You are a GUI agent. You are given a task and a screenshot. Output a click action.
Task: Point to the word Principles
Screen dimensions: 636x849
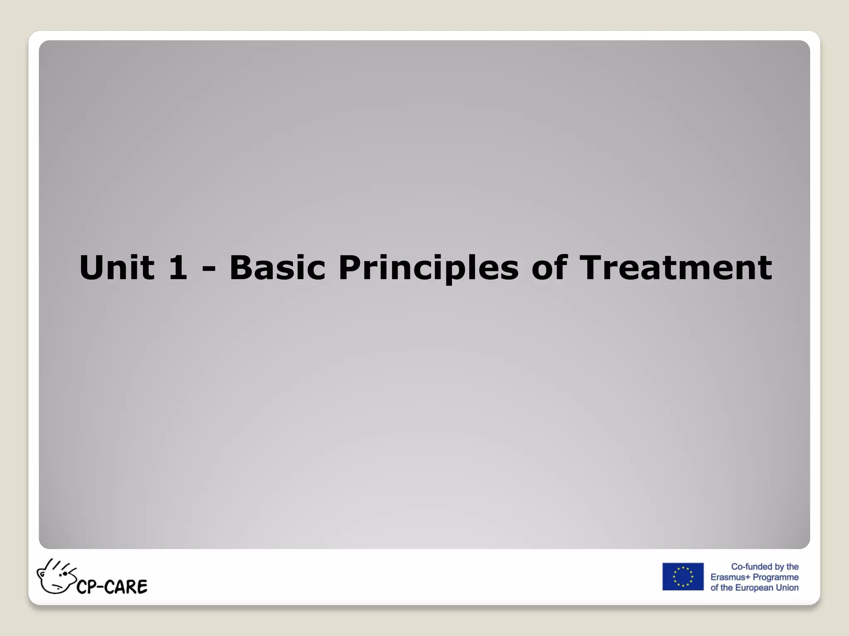(428, 268)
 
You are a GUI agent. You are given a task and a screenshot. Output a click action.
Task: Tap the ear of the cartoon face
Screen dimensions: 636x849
(42, 573)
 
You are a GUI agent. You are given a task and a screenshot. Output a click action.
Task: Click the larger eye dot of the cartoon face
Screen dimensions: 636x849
(65, 574)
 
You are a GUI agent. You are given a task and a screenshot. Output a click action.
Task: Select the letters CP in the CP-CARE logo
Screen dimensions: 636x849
(87, 587)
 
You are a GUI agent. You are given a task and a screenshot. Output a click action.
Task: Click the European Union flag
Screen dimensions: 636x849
(682, 576)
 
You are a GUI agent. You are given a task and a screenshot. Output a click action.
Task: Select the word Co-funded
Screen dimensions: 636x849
(751, 566)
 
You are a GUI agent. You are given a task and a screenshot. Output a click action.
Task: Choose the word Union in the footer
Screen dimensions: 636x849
(787, 588)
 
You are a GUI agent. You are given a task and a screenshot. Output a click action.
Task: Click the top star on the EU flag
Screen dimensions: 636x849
(683, 568)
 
